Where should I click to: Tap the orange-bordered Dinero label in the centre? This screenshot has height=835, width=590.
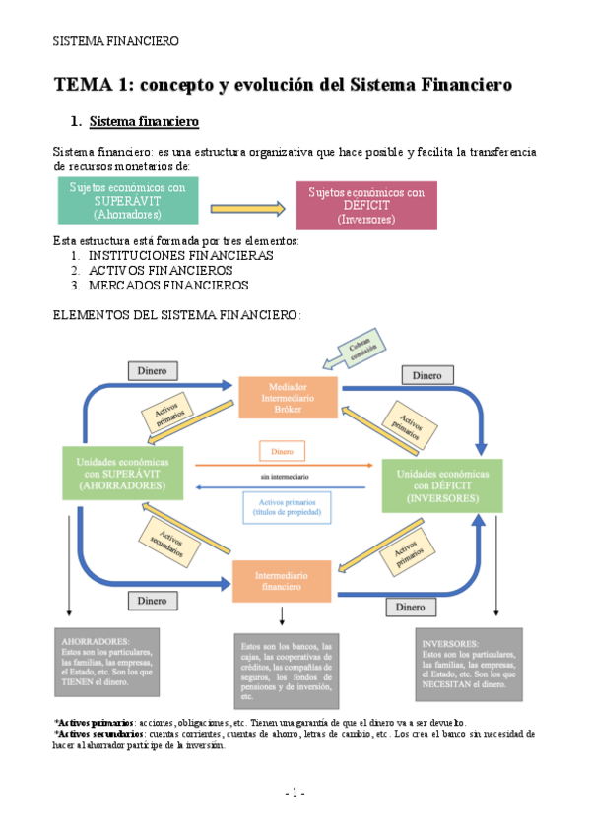[x=282, y=450]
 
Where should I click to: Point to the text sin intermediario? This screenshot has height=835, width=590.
[x=281, y=476]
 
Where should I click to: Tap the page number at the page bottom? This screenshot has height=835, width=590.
[x=295, y=793]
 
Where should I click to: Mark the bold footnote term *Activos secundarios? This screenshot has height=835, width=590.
[x=99, y=733]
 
